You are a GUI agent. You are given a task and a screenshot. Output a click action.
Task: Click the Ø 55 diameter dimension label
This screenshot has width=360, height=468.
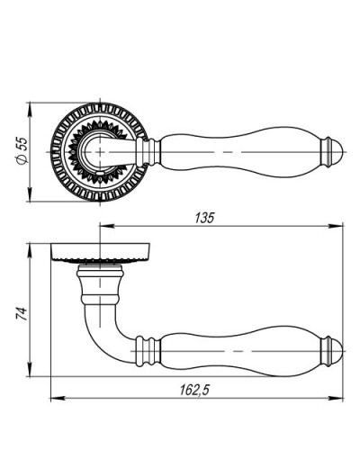(x=22, y=151)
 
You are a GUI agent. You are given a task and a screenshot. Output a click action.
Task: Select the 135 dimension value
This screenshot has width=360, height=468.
(x=205, y=218)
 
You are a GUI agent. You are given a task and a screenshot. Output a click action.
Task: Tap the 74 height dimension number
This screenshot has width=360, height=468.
(x=22, y=313)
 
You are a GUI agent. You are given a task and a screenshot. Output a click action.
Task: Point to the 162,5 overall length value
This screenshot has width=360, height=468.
(x=194, y=390)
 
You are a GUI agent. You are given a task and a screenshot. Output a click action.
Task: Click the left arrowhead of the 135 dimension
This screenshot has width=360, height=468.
(x=107, y=226)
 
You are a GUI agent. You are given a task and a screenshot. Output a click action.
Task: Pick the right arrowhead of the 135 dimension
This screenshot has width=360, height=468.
(x=336, y=226)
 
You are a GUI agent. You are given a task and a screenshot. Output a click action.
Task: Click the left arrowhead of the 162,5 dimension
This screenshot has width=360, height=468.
(x=58, y=399)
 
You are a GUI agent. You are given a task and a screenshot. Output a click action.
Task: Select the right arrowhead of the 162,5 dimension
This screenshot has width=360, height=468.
(x=336, y=399)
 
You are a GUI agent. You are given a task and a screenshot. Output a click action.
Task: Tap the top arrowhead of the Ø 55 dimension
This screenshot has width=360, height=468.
(x=30, y=110)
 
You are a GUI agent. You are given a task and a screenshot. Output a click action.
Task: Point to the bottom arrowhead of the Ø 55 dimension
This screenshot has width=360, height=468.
(x=30, y=194)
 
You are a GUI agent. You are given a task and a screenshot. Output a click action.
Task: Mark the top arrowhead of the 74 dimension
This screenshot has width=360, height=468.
(x=30, y=251)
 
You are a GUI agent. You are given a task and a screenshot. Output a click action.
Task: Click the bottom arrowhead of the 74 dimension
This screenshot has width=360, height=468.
(x=30, y=369)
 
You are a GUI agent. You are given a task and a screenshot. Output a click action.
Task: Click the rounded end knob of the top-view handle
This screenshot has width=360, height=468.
(x=332, y=152)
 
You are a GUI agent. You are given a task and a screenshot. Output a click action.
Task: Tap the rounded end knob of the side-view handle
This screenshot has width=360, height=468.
(x=332, y=351)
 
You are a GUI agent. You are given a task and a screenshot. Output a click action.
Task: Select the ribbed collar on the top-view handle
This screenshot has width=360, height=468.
(x=148, y=152)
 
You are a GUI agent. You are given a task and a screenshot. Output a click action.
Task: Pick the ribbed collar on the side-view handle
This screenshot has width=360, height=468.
(x=148, y=351)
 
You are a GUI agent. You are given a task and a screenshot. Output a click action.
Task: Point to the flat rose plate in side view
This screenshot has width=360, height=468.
(x=100, y=252)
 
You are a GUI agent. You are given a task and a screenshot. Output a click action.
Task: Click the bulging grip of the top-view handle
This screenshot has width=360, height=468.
(x=240, y=152)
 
